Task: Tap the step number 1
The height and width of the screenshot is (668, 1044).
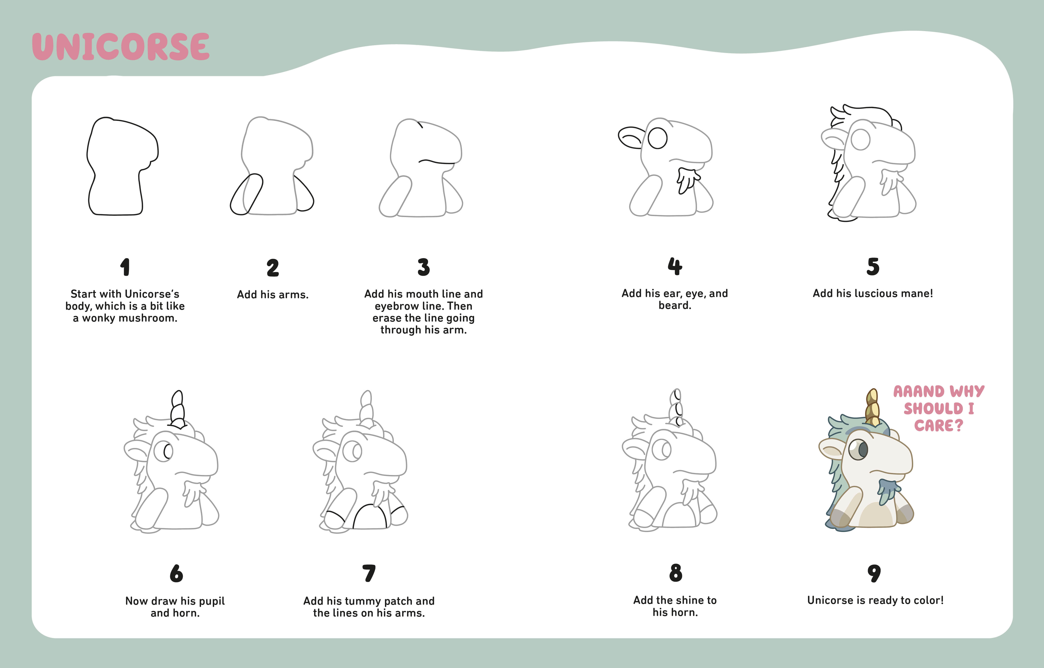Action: (125, 267)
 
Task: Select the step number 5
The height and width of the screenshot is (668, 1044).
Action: (873, 267)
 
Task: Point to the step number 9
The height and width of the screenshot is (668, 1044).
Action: (874, 573)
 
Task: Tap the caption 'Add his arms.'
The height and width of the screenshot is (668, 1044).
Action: (272, 295)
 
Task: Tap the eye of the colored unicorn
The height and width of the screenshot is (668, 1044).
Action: (858, 449)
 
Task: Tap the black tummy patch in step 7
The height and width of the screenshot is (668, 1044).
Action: (370, 516)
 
